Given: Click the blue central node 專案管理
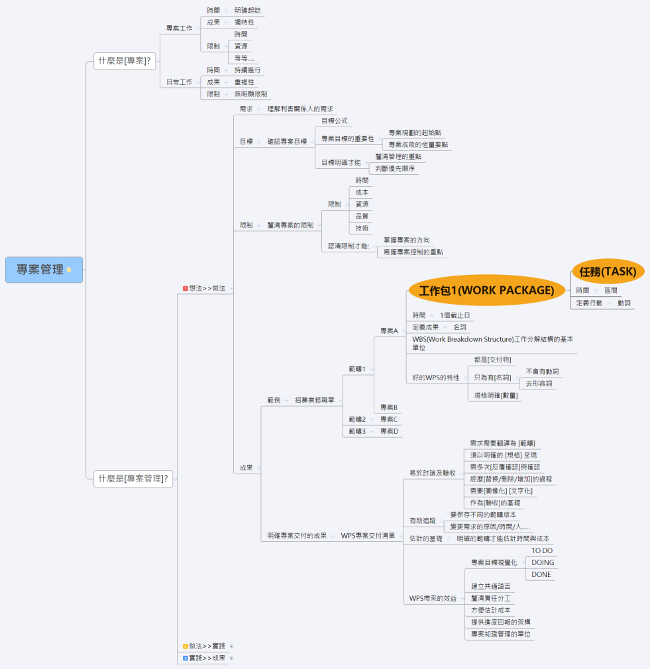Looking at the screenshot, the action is point(44,270).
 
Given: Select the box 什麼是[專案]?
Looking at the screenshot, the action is point(125,60).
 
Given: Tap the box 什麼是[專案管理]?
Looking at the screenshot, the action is point(133,479).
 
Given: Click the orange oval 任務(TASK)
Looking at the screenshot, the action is point(608,272).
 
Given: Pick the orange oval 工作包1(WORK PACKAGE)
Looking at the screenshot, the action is point(486,290).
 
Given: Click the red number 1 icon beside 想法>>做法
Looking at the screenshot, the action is point(186,288).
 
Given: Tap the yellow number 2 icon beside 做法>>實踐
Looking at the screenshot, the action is point(186,646).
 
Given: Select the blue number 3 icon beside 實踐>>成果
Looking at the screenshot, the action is point(186,658).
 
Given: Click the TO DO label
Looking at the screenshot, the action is point(542,551).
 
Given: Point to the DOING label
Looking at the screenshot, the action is point(543,563).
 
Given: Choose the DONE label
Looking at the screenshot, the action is point(541,575).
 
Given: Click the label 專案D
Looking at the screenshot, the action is point(389,431).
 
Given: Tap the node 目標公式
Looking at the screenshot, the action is point(335,121).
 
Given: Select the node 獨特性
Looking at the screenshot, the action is point(244,22).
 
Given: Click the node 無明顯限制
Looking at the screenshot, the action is point(251,94).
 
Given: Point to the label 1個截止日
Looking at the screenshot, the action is point(455,315).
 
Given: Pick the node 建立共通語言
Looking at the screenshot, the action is point(491,587).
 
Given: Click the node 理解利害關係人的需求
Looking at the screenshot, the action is point(300,109).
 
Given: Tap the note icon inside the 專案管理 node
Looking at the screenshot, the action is point(69,270).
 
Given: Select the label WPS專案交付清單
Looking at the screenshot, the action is point(368,535).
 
